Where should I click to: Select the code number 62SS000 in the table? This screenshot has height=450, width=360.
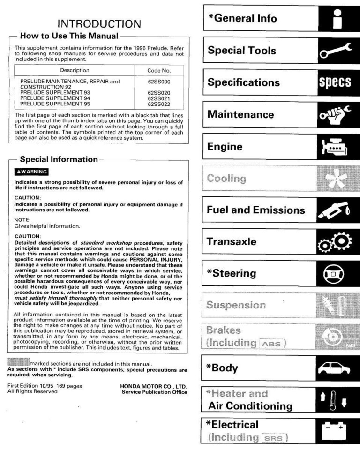[159, 81]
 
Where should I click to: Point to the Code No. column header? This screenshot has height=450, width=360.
[159, 70]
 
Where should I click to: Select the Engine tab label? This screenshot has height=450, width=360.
[225, 147]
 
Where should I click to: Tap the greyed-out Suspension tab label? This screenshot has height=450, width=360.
[236, 306]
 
